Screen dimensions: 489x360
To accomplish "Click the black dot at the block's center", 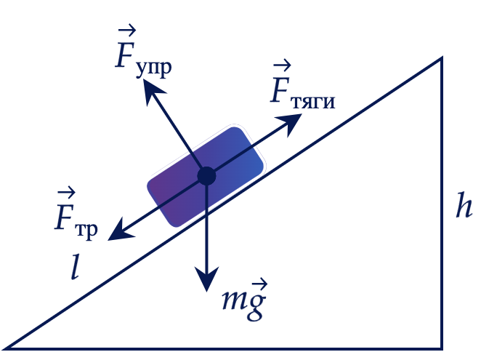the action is click(206, 176).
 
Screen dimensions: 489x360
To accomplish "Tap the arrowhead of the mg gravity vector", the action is click(206, 279).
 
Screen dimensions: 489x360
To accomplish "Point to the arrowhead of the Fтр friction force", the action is click(120, 231).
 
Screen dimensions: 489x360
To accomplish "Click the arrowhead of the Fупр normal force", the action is click(153, 91).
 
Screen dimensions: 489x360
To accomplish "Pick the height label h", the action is click(464, 205).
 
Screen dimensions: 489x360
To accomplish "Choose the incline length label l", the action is click(75, 266).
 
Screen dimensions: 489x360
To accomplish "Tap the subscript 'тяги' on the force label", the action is click(312, 102).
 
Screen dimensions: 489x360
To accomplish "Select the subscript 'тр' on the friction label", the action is click(86, 231).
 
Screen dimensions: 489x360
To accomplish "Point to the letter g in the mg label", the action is click(256, 306).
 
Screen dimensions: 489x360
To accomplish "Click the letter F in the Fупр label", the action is click(126, 55).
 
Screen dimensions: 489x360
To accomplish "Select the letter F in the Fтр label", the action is click(65, 217).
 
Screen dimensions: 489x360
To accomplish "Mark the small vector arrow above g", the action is click(260, 285).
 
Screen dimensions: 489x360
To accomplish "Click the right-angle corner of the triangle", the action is click(442, 348).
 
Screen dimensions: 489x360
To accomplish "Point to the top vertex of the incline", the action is click(442, 58).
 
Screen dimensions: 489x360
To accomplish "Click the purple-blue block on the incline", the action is click(206, 176).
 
